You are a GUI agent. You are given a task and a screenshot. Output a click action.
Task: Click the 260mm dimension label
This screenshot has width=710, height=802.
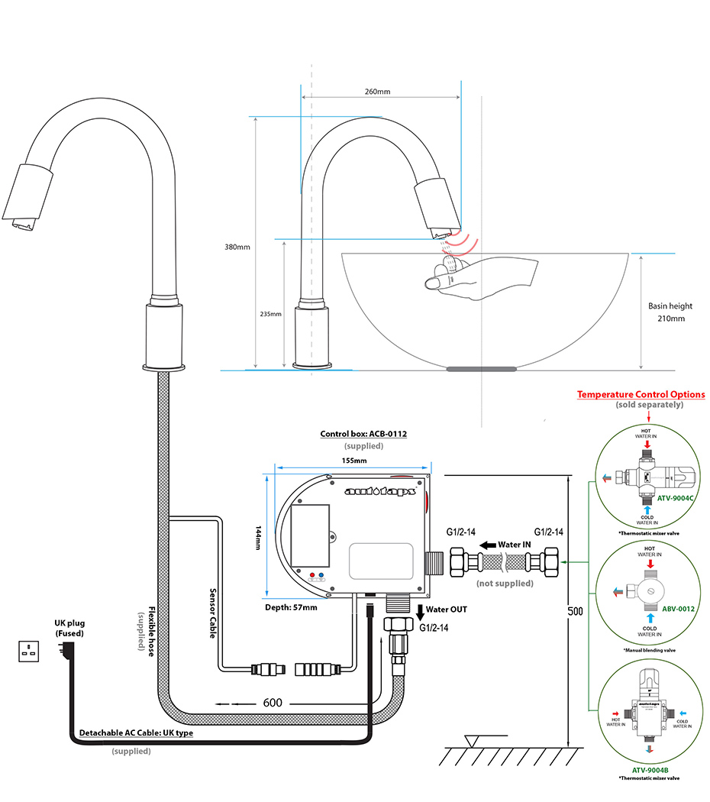point(377,92)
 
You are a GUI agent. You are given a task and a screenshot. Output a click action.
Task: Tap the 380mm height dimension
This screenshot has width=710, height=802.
point(237,247)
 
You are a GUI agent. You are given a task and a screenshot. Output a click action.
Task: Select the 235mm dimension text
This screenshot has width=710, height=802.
point(271,314)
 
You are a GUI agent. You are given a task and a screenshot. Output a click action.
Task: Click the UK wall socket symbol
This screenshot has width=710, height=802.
point(30,652)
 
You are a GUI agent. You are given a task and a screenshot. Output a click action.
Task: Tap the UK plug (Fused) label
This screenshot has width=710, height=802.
point(69,629)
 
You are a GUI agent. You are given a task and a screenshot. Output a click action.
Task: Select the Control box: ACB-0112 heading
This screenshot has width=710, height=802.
point(363,434)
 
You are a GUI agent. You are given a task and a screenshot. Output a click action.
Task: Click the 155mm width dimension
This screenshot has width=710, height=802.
point(354,461)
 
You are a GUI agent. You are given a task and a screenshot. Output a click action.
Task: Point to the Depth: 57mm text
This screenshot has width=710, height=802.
point(292,607)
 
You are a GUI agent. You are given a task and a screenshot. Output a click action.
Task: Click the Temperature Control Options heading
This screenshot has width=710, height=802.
point(641,394)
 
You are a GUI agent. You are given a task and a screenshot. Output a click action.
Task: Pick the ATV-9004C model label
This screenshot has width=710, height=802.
point(674,498)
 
